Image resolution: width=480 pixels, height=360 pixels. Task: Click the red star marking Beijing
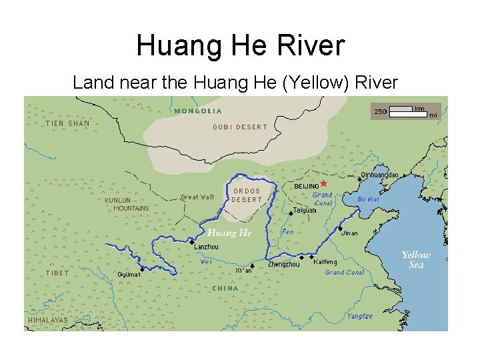(323, 183)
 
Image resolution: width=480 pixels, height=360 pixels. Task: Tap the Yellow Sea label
(415, 259)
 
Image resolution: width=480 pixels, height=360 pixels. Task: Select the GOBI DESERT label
(239, 127)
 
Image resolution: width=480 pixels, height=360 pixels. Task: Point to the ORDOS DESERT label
(247, 195)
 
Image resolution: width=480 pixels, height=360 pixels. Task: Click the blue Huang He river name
(229, 233)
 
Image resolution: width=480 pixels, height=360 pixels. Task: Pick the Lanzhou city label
(206, 247)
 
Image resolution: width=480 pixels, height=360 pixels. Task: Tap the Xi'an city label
(243, 271)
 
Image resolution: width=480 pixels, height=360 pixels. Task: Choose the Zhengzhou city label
(283, 265)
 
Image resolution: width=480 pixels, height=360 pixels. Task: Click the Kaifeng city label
(325, 261)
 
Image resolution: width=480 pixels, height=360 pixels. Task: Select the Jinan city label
(349, 233)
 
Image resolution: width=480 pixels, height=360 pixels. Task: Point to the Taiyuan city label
(305, 209)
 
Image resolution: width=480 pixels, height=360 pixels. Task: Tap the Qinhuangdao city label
(379, 175)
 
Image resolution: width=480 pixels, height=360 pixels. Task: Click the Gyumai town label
(129, 275)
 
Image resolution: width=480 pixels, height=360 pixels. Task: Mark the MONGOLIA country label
(198, 111)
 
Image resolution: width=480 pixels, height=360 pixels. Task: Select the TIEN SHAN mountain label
(67, 123)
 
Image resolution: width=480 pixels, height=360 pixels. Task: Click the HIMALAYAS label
(48, 320)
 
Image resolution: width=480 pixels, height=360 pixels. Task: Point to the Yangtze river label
(359, 316)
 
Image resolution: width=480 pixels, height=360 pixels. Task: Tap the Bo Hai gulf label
(369, 199)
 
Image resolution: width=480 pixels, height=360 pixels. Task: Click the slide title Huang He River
(240, 46)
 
